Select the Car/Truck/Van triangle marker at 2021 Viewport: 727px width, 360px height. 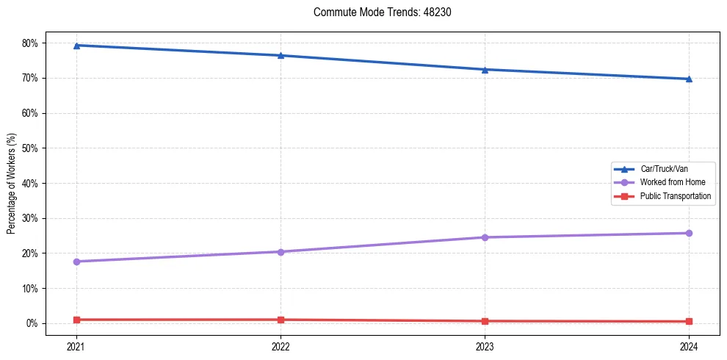tap(76, 46)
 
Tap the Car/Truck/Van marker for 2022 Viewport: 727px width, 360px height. tap(281, 55)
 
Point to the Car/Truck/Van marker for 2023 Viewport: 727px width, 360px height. tap(485, 70)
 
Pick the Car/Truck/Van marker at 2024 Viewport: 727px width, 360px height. tap(689, 79)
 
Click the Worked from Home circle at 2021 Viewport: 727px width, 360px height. tap(76, 262)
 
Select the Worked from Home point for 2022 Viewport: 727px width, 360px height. tap(281, 252)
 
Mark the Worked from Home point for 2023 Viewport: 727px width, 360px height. tap(485, 237)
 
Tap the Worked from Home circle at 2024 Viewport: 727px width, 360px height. tap(689, 233)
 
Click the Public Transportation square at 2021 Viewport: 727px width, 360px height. tap(76, 320)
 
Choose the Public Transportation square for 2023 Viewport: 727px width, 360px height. tap(485, 321)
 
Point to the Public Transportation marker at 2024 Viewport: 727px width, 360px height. tap(689, 321)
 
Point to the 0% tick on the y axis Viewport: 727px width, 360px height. tap(32, 323)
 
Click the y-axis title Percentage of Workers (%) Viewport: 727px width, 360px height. tap(11, 183)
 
